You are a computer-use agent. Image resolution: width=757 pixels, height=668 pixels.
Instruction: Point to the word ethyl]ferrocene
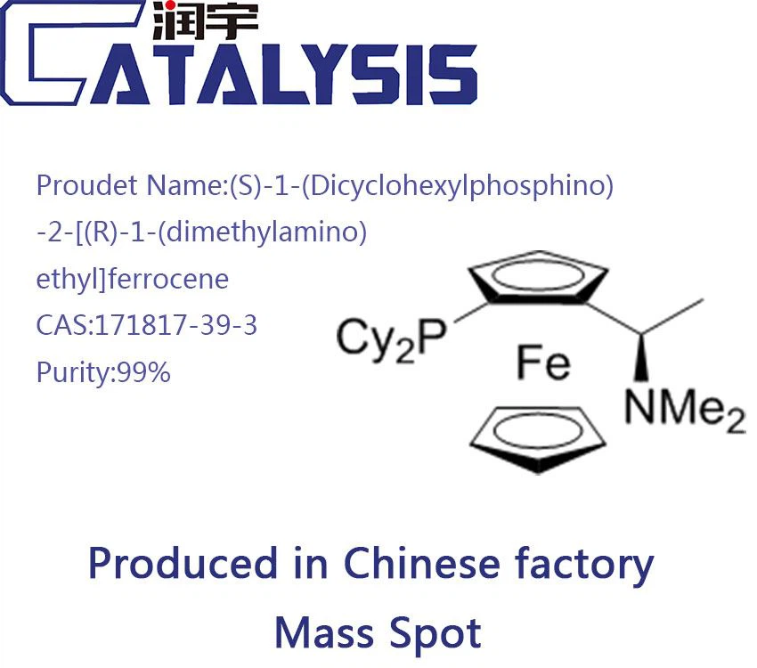click(132, 279)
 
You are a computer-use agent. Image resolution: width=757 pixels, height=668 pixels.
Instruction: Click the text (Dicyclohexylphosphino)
click(422, 187)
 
